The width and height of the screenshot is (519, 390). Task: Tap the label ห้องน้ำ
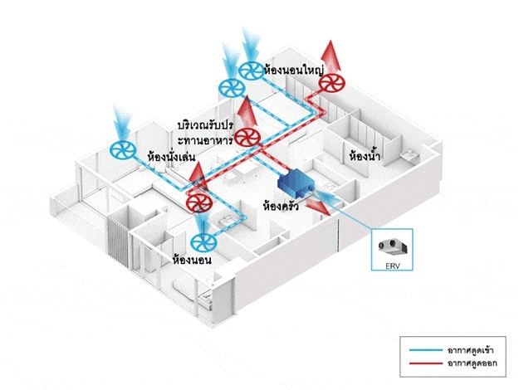[365, 155]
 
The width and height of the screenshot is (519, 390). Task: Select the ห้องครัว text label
[280, 203]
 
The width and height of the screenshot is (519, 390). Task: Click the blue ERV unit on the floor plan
[298, 182]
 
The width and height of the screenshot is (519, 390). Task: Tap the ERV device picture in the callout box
[389, 246]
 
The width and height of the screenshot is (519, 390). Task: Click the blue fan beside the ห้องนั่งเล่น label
[122, 150]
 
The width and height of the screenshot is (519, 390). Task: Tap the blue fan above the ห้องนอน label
[203, 242]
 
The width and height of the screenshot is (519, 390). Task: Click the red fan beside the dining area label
[246, 139]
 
